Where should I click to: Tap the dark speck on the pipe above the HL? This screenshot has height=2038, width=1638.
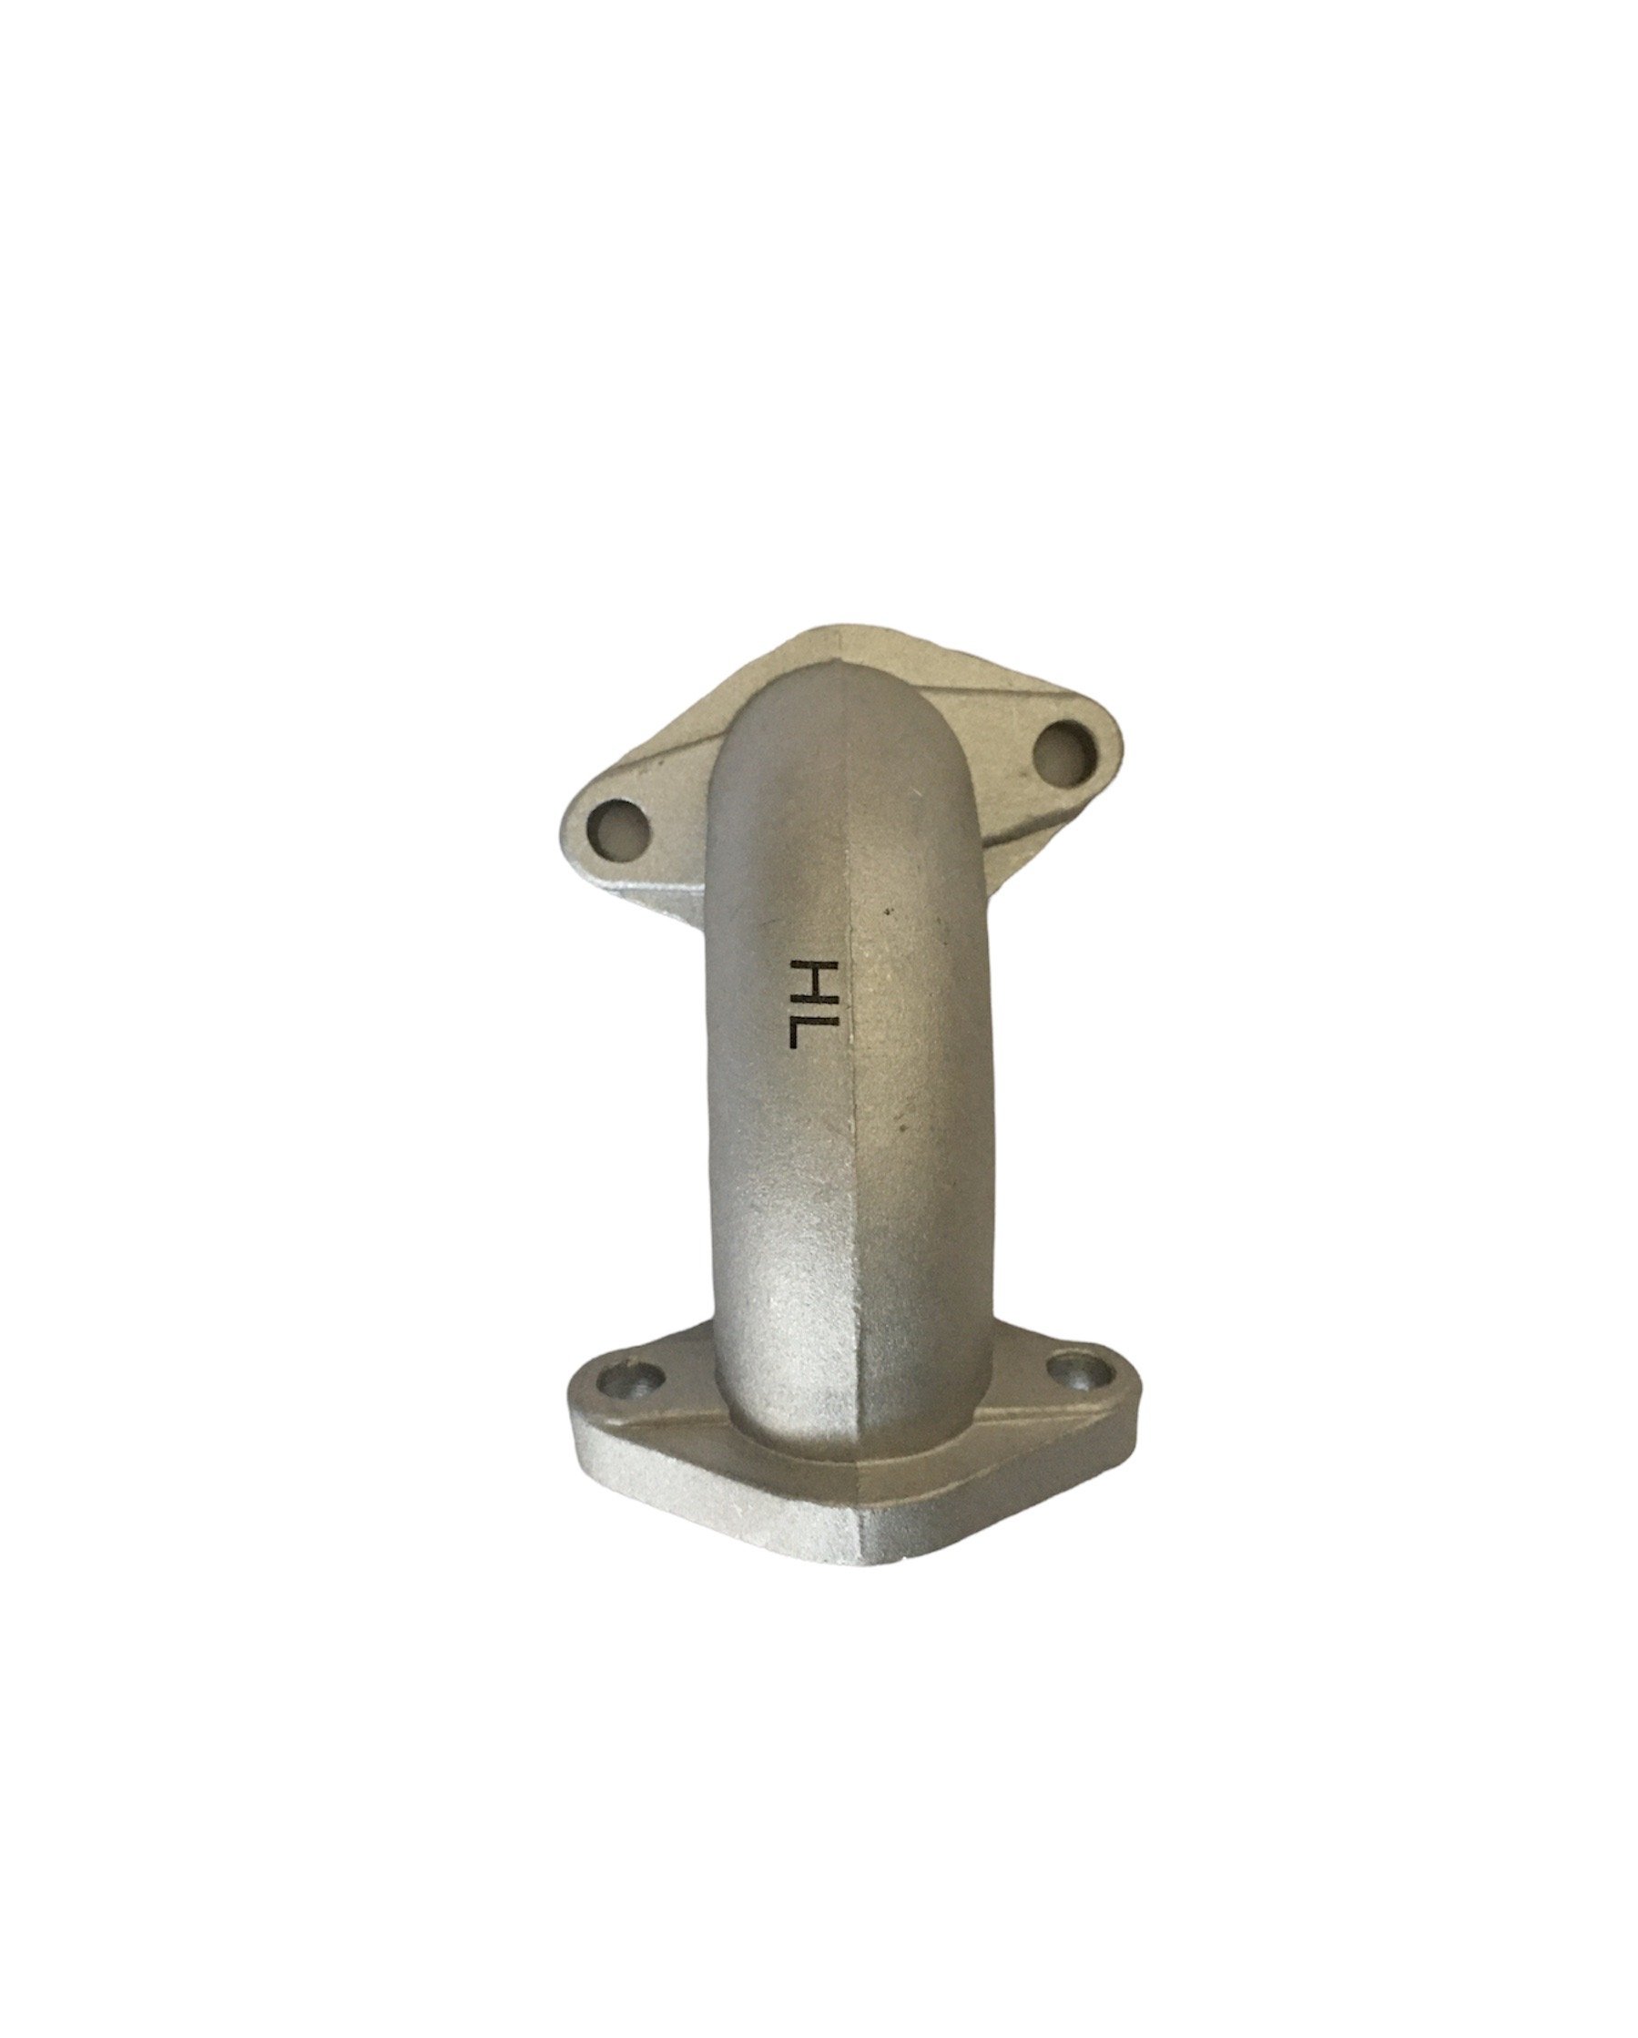[887, 912]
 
